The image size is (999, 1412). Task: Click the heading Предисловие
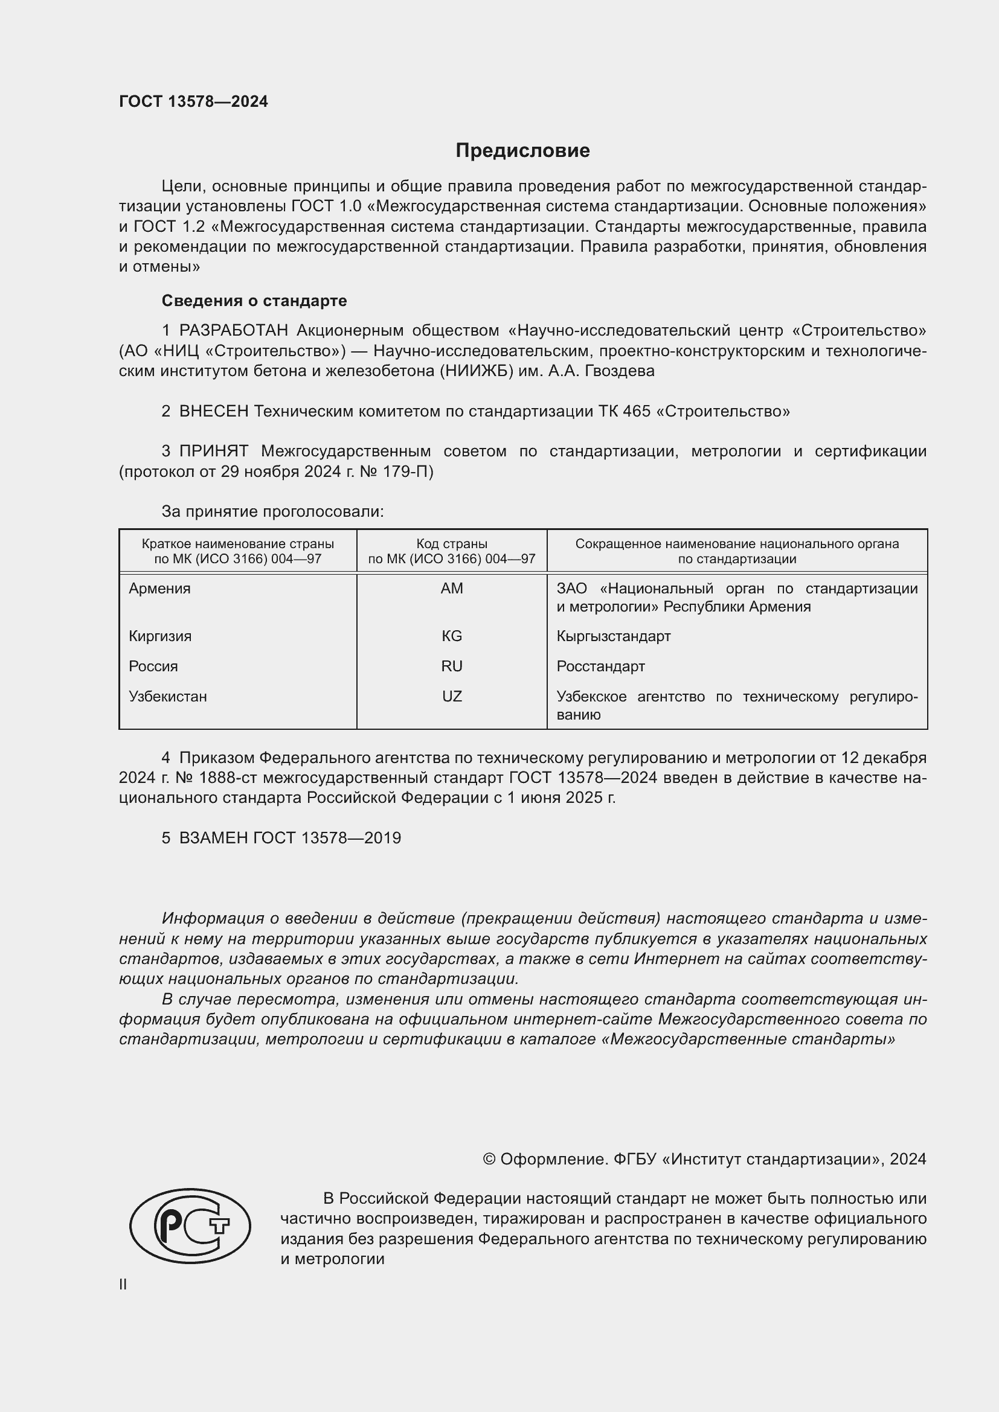pyautogui.click(x=522, y=151)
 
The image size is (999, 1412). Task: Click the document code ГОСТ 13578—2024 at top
pyautogui.click(x=193, y=101)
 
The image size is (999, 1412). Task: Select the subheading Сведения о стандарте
pyautogui.click(x=254, y=301)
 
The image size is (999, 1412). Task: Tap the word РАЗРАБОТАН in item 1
pyautogui.click(x=233, y=331)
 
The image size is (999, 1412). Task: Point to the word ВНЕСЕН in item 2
pyautogui.click(x=213, y=412)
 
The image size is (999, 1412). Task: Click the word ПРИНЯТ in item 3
pyautogui.click(x=213, y=452)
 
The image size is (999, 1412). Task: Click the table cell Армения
pyautogui.click(x=159, y=589)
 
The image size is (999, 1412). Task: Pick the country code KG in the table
pyautogui.click(x=452, y=636)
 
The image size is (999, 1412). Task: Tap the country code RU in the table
pyautogui.click(x=452, y=666)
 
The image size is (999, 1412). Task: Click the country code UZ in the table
pyautogui.click(x=452, y=697)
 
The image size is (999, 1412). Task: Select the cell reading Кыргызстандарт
pyautogui.click(x=613, y=636)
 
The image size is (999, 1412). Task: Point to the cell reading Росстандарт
pyautogui.click(x=600, y=666)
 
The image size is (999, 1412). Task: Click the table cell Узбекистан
pyautogui.click(x=167, y=697)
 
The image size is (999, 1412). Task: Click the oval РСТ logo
pyautogui.click(x=190, y=1225)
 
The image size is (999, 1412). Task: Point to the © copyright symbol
pyautogui.click(x=489, y=1159)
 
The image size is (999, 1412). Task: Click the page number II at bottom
pyautogui.click(x=123, y=1284)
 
